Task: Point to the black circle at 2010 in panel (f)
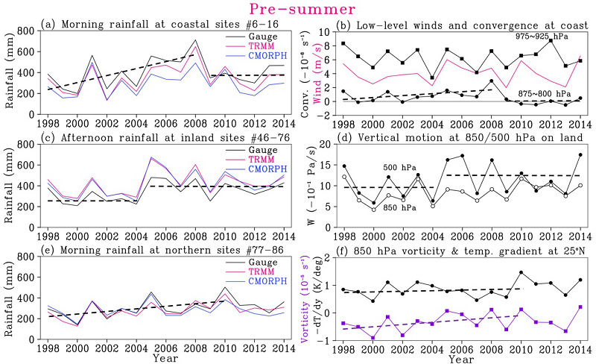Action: click(521, 273)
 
